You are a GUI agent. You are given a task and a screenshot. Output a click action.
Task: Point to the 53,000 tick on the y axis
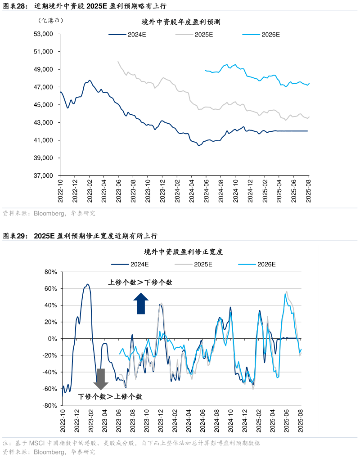pos(44,34)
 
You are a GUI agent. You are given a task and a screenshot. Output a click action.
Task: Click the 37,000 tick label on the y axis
pos(44,176)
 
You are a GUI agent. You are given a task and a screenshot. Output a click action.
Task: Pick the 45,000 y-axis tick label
pos(44,105)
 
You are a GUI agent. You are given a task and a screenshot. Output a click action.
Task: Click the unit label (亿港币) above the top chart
pos(50,20)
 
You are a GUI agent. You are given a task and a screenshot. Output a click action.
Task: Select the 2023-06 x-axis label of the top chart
pos(118,191)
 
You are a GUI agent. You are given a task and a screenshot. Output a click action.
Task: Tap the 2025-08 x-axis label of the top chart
pos(308,191)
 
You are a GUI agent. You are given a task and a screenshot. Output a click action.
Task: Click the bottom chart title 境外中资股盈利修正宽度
pos(184,252)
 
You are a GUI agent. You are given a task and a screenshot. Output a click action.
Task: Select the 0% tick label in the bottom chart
pos(51,339)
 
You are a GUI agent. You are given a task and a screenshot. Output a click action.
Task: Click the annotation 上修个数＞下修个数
pos(140,283)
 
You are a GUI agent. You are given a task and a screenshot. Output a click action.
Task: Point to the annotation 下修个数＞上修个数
pos(110,396)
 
